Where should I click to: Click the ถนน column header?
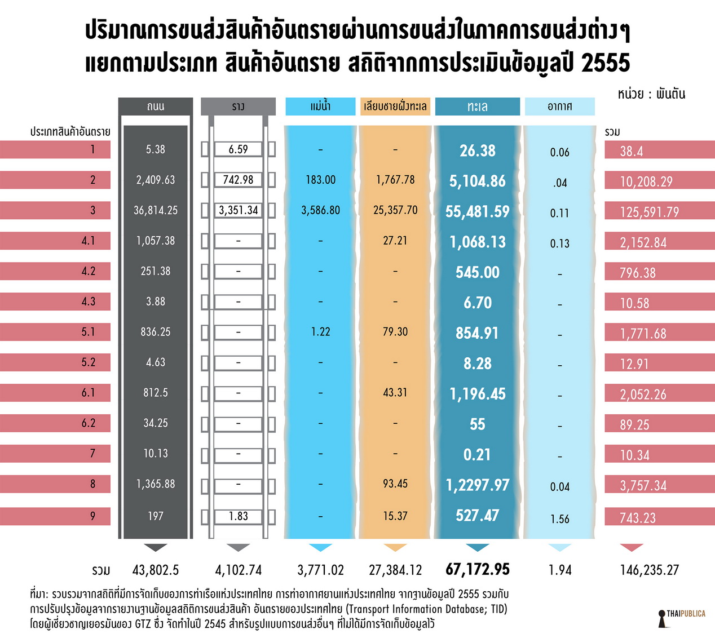155,107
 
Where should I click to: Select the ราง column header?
238,107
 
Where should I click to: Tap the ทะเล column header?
477,107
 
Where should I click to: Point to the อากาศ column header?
559,107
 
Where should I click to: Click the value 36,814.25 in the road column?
155,210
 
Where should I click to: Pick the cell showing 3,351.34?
238,210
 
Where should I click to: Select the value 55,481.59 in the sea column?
477,211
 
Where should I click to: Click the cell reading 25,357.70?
395,210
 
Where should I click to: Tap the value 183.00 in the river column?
320,180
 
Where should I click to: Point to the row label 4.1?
89,241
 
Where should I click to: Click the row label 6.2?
89,423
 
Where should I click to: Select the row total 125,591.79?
649,212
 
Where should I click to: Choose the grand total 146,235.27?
649,570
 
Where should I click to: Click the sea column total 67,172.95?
477,569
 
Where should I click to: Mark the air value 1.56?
559,519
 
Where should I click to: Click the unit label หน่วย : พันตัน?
651,94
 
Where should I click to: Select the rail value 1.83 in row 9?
238,516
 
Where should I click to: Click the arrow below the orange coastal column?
395,547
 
